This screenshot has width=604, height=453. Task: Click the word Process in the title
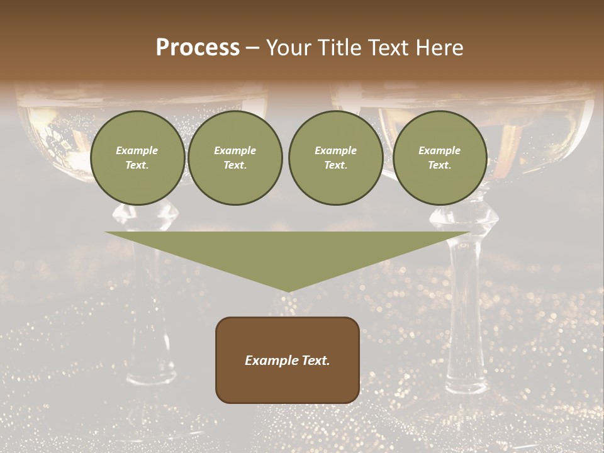(198, 48)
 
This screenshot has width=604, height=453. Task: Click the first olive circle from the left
(137, 158)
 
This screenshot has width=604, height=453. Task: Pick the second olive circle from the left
(235, 158)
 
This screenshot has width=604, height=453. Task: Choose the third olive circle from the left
(335, 158)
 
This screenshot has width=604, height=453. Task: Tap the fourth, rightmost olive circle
(440, 158)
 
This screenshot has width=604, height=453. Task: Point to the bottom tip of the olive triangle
(288, 290)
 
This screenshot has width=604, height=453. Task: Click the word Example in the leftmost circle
(137, 150)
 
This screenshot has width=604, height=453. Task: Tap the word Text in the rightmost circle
(440, 165)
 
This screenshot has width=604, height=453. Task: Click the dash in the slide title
(252, 48)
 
